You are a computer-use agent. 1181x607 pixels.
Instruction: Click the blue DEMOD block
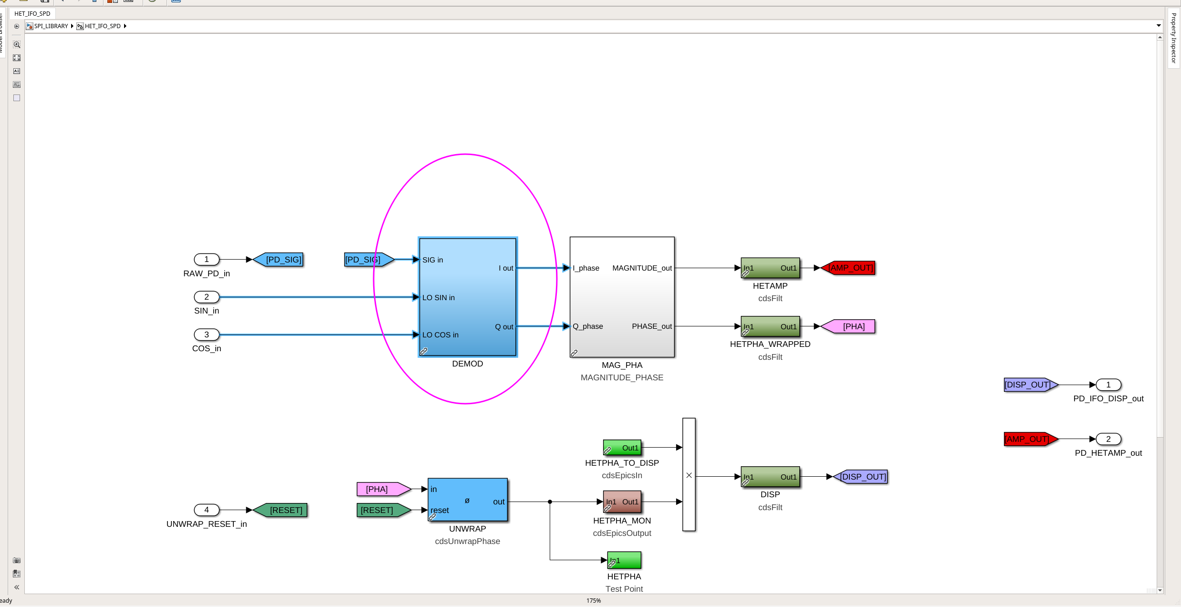coord(468,297)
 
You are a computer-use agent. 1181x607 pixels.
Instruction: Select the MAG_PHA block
coord(622,297)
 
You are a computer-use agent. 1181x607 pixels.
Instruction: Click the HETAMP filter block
coord(770,268)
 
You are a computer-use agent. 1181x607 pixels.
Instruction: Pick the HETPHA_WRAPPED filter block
coord(770,326)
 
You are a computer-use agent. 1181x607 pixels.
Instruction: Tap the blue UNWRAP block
coord(468,500)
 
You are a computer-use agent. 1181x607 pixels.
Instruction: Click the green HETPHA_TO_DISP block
coord(622,448)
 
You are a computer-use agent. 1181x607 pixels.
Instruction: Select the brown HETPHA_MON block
coord(622,502)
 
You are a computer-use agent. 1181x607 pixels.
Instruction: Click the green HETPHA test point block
coord(624,560)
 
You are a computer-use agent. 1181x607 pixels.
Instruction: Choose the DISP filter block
coord(770,477)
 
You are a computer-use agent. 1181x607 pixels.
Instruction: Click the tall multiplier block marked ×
coord(689,474)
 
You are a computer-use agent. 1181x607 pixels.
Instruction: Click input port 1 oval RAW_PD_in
coord(207,260)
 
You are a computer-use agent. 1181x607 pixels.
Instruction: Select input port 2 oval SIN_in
coord(207,297)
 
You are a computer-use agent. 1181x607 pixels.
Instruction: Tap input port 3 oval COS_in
coord(207,335)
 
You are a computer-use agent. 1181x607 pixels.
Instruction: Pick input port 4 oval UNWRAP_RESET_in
coord(207,510)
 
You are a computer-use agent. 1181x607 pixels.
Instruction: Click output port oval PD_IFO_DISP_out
coord(1108,385)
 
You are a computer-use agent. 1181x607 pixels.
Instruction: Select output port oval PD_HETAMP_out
coord(1108,439)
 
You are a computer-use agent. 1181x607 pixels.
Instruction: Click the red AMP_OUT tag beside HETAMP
coord(848,268)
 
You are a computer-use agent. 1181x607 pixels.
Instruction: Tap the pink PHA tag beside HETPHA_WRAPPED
coord(848,326)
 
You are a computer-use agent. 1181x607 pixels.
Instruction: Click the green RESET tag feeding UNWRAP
coord(384,510)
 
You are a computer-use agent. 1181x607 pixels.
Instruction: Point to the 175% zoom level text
coord(594,601)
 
